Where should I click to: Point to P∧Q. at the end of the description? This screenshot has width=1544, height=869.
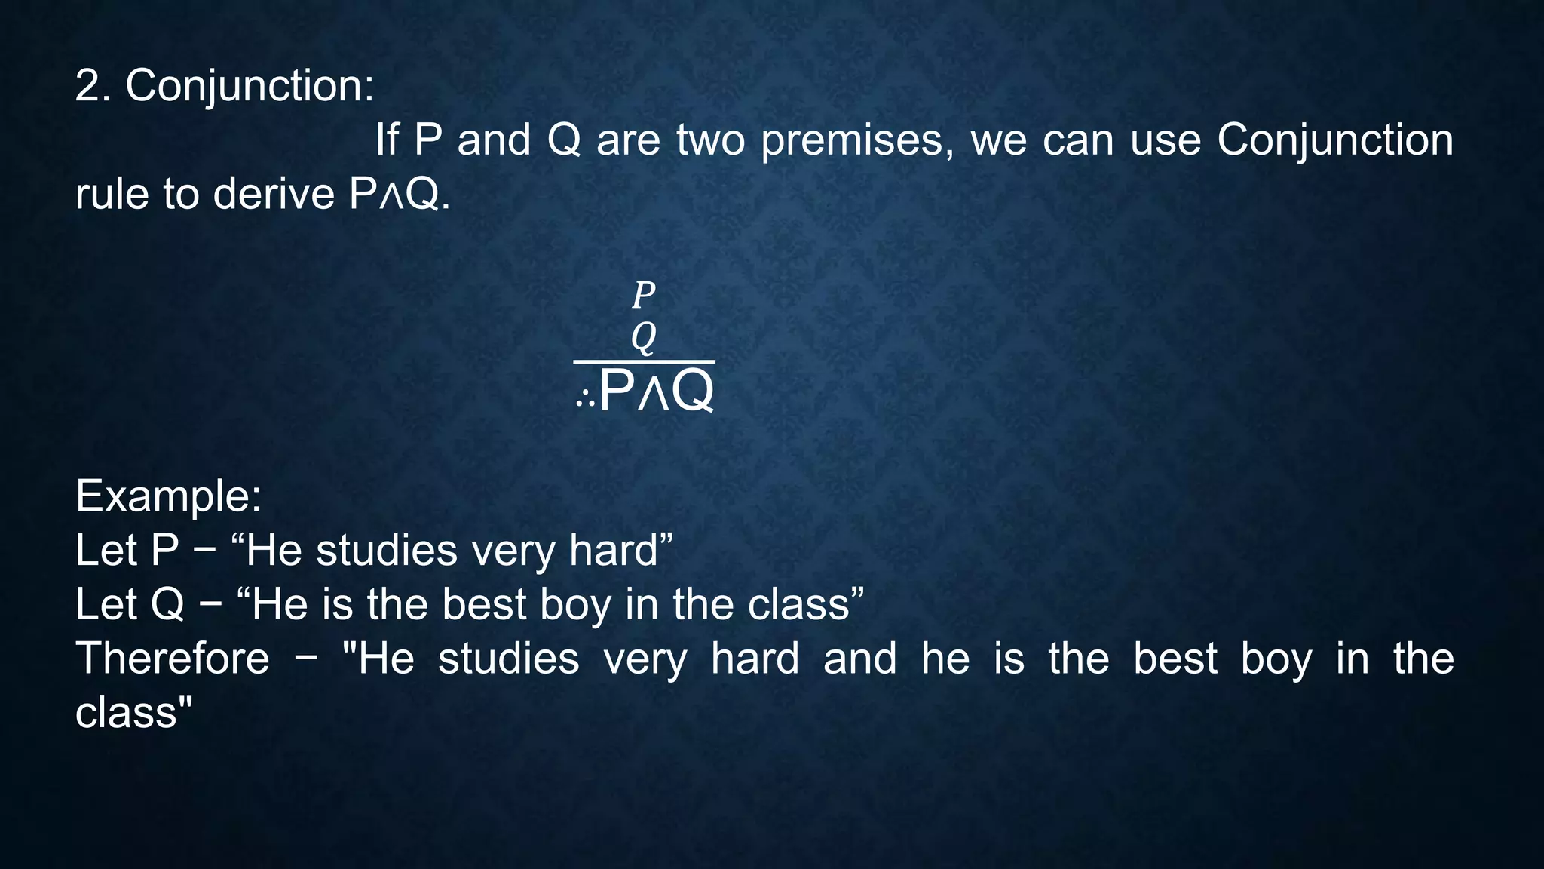click(x=400, y=195)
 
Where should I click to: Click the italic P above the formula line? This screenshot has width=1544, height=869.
click(x=643, y=294)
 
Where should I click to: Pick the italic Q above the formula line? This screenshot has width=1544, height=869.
click(x=643, y=336)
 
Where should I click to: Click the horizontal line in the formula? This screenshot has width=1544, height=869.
click(x=644, y=362)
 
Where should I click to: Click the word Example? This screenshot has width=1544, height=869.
click(x=168, y=496)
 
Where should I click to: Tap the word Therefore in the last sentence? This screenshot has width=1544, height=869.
click(x=172, y=659)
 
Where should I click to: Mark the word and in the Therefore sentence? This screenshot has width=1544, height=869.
click(x=859, y=659)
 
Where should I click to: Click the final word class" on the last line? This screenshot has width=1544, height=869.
click(x=134, y=712)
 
